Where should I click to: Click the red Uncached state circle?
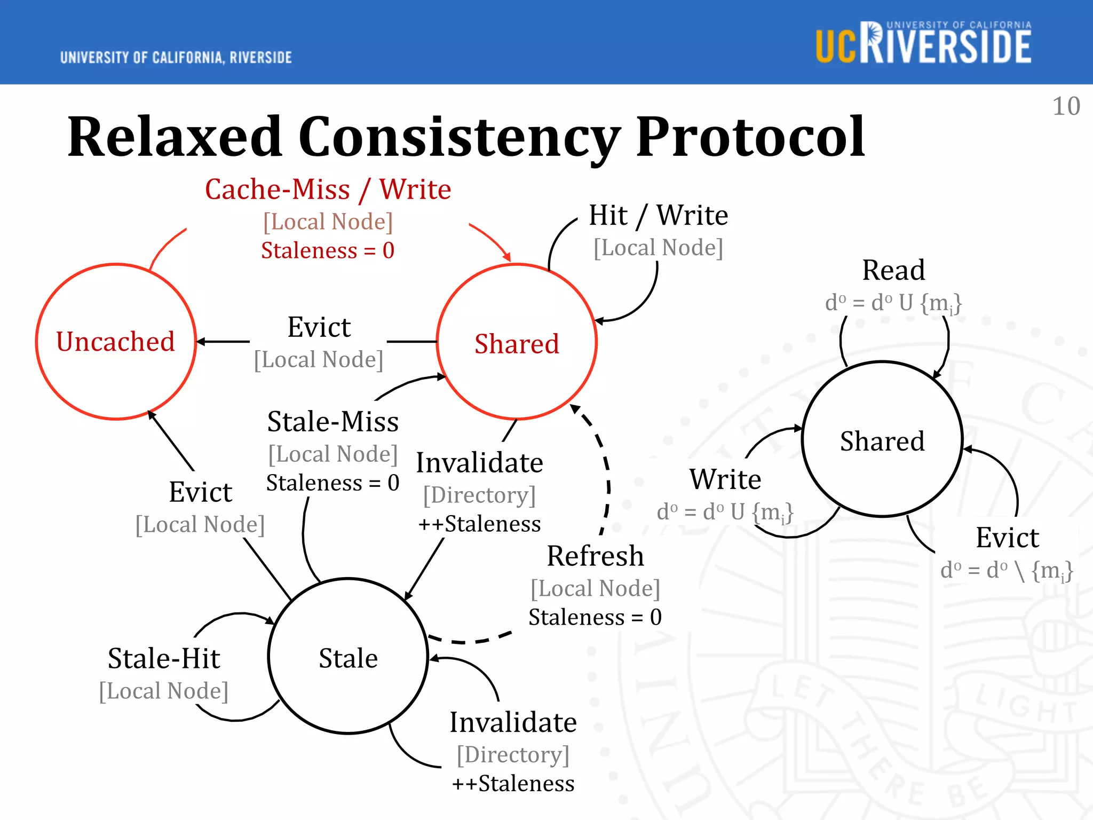click(116, 342)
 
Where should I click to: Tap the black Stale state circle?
click(348, 657)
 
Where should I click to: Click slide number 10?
click(1066, 106)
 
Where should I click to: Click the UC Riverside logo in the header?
click(923, 44)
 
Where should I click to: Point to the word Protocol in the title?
click(750, 137)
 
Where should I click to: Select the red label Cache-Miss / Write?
click(328, 190)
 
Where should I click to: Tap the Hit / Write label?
click(658, 216)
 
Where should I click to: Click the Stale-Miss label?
click(332, 422)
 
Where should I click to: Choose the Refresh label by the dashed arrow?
click(595, 556)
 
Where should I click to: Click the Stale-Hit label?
click(164, 658)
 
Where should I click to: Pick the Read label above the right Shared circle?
click(893, 270)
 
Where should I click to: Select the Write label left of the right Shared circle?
click(725, 479)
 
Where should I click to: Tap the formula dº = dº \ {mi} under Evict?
click(1007, 570)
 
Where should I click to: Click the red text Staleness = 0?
click(328, 250)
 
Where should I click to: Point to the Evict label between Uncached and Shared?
click(319, 327)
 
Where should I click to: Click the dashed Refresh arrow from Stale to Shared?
click(608, 480)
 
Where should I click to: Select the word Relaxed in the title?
click(175, 137)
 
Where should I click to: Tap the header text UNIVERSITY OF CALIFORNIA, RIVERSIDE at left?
click(176, 58)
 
